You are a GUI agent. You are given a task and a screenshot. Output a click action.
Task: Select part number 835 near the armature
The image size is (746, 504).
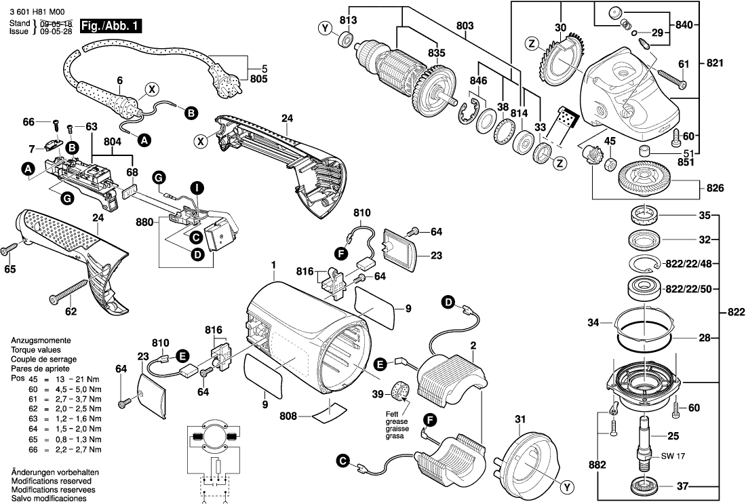click(x=437, y=53)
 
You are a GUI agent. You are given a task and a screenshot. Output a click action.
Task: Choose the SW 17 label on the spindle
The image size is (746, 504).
click(x=671, y=456)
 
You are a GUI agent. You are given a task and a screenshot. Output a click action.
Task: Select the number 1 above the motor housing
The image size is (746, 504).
click(x=274, y=265)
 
